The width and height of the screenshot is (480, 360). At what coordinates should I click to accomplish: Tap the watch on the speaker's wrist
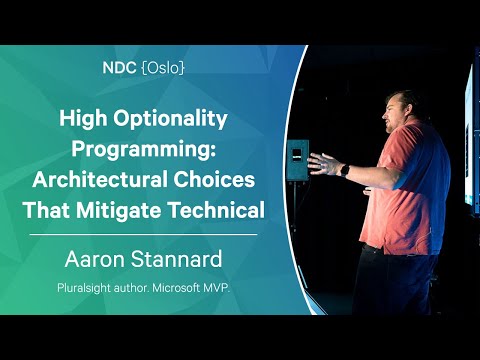344,170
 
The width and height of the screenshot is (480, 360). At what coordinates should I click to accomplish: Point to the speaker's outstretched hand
323,163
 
